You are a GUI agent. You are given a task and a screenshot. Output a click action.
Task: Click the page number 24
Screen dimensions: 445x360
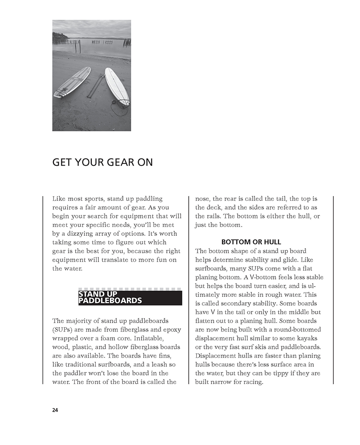[x=55, y=410]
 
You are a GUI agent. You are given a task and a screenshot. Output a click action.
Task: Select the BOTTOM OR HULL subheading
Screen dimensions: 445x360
[x=251, y=242]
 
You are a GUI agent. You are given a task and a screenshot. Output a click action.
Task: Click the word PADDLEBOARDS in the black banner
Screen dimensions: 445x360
[x=110, y=301]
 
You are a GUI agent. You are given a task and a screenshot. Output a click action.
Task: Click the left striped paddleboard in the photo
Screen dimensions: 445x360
[x=72, y=82]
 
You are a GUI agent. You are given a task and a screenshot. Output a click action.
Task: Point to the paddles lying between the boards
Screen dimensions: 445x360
[x=95, y=86]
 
